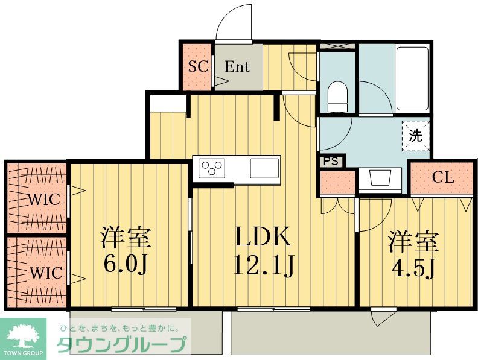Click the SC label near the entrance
click(x=197, y=67)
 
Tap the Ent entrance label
click(x=237, y=67)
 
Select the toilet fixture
click(x=337, y=96)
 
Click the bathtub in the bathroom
click(x=412, y=78)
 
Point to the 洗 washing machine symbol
click(x=416, y=136)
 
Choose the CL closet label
click(x=443, y=178)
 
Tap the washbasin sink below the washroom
click(x=380, y=179)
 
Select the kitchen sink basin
click(x=264, y=166)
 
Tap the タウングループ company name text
click(x=121, y=346)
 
